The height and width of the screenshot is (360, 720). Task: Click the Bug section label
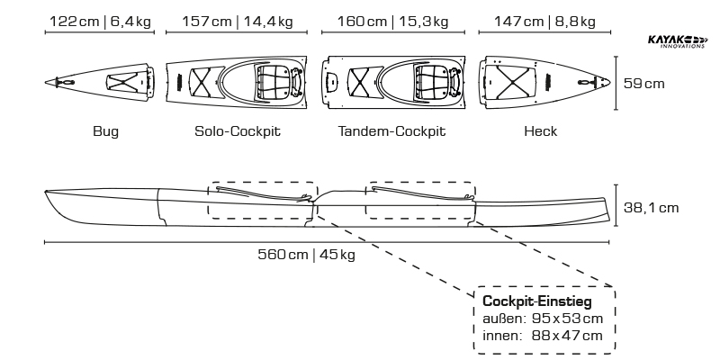coord(105,131)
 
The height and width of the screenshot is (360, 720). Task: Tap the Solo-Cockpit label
coord(238,131)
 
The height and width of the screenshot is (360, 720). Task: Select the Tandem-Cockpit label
coord(392,131)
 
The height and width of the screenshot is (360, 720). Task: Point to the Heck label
coord(540,131)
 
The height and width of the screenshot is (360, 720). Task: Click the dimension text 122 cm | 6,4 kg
coord(99,21)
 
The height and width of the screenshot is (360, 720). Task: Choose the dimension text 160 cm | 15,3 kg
coord(391,21)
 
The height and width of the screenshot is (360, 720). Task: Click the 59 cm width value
coord(644,83)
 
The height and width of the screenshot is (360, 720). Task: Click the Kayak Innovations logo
coord(677,41)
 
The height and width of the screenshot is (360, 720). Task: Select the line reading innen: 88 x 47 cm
coord(543,336)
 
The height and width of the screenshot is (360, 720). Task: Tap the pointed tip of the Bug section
coord(48,82)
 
